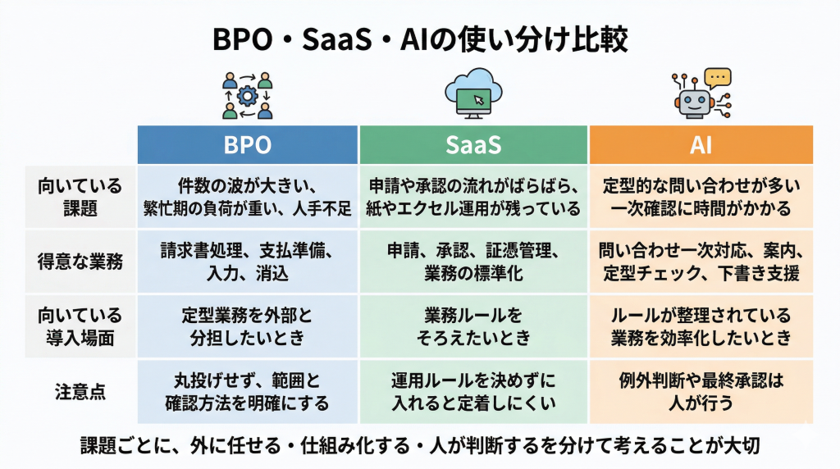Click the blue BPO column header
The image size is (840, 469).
[247, 145]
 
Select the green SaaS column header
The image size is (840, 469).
[473, 145]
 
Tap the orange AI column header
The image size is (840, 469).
[701, 145]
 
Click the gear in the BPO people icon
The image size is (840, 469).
[247, 94]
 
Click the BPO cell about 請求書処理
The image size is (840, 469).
[247, 262]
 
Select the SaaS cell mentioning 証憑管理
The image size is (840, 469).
[473, 262]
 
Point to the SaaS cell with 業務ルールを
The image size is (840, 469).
[473, 326]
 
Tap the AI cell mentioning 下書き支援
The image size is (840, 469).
[701, 262]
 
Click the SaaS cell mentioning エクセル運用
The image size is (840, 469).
[473, 197]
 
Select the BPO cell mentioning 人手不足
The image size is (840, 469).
[247, 197]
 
